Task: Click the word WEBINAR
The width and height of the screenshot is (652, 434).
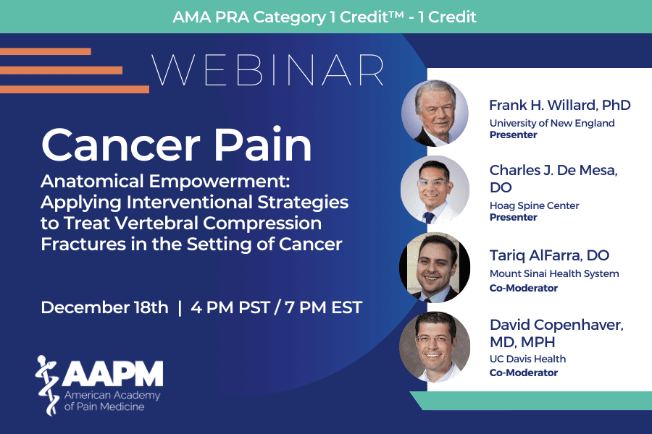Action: (267, 70)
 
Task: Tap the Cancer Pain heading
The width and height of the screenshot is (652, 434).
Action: (176, 145)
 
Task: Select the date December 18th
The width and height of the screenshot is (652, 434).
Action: (105, 307)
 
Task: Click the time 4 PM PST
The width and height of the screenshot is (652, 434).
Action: (230, 307)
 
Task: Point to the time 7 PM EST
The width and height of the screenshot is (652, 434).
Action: (324, 307)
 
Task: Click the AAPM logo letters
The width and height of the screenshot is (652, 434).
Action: (113, 373)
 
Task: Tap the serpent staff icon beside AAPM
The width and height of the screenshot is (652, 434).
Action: (47, 386)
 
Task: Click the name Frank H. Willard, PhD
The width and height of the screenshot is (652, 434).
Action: (560, 106)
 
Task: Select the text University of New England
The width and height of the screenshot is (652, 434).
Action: (552, 124)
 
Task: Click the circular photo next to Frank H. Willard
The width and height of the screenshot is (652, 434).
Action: (435, 114)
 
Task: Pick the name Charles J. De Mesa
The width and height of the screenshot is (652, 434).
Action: (553, 170)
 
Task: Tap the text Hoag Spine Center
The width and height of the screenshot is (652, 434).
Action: (535, 205)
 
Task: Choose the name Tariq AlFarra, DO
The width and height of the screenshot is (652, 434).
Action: (549, 255)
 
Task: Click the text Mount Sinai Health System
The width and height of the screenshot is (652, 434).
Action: (554, 273)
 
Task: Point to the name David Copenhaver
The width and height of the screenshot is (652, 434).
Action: (557, 325)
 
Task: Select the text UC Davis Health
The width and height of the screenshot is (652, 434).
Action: (527, 359)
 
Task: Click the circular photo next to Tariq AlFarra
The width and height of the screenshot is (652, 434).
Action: (435, 268)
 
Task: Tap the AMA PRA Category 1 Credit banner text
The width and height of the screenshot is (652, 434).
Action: (325, 17)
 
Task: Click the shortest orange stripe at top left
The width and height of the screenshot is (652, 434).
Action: (46, 51)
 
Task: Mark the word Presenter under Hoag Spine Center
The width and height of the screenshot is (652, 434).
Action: (513, 217)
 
